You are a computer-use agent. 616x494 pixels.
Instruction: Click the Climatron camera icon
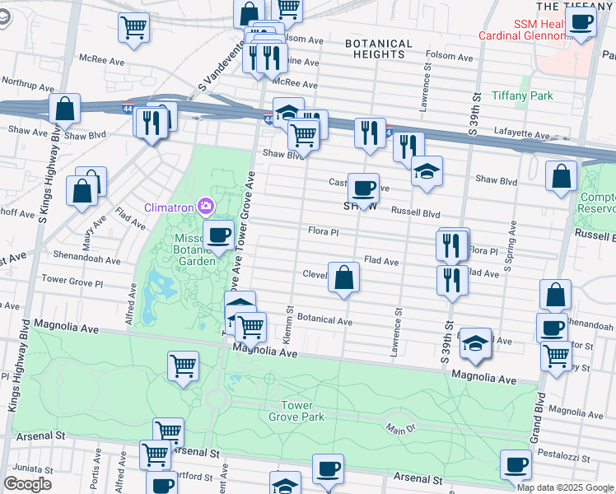[x=206, y=206]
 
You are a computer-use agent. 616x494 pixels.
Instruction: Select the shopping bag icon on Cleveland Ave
[x=343, y=278]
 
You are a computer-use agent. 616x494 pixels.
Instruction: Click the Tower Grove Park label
[x=296, y=411]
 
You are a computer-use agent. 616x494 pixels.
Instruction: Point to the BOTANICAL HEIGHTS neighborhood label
[x=379, y=49]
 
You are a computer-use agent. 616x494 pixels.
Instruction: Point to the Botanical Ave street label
[x=324, y=319]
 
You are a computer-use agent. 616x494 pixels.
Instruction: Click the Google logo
[x=27, y=484]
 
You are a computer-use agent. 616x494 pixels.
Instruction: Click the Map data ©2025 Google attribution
[x=565, y=487]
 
